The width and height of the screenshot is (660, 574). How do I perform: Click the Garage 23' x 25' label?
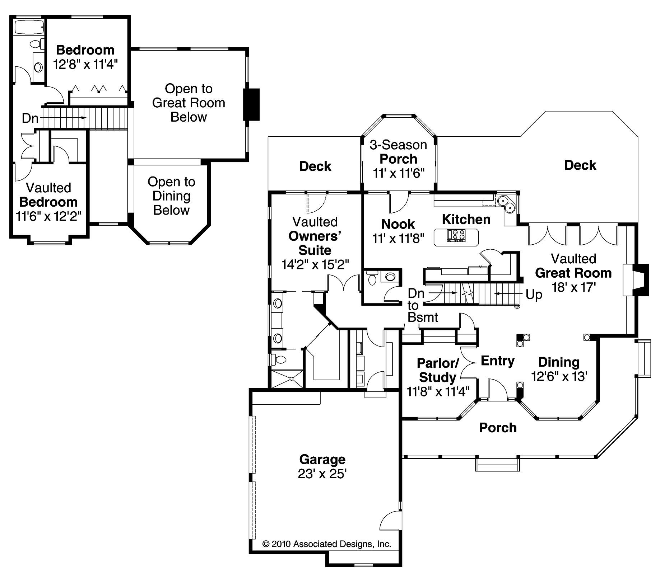click(x=322, y=466)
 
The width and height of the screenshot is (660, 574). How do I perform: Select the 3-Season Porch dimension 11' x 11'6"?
click(x=398, y=173)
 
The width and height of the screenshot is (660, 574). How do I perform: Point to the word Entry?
click(x=497, y=361)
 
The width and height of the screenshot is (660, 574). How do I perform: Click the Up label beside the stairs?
click(x=534, y=295)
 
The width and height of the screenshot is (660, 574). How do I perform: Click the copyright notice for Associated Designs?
click(x=326, y=544)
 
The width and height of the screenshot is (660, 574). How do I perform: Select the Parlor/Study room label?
click(x=437, y=370)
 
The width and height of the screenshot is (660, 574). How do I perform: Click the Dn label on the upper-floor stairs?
click(x=30, y=118)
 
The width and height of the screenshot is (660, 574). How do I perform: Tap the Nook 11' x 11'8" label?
click(x=398, y=231)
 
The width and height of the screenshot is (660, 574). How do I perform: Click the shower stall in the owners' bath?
click(x=287, y=378)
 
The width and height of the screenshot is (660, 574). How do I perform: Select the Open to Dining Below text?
click(x=171, y=196)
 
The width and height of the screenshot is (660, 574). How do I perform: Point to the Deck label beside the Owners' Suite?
click(x=315, y=166)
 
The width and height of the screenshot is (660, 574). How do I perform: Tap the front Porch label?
click(x=497, y=428)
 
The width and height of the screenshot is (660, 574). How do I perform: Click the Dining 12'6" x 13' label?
click(x=559, y=369)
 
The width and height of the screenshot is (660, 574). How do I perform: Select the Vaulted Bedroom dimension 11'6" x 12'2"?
click(x=48, y=216)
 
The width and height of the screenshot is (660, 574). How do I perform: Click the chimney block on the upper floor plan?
click(x=252, y=104)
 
